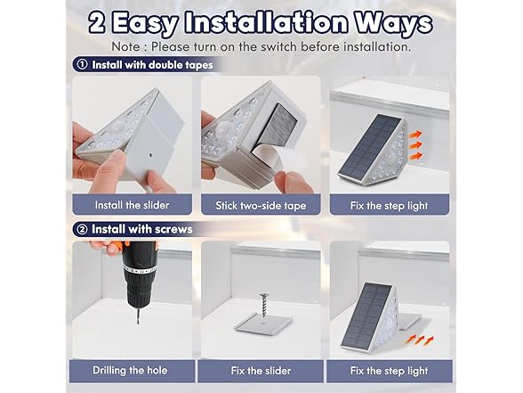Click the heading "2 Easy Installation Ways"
point(261,22)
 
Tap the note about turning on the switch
point(261,46)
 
